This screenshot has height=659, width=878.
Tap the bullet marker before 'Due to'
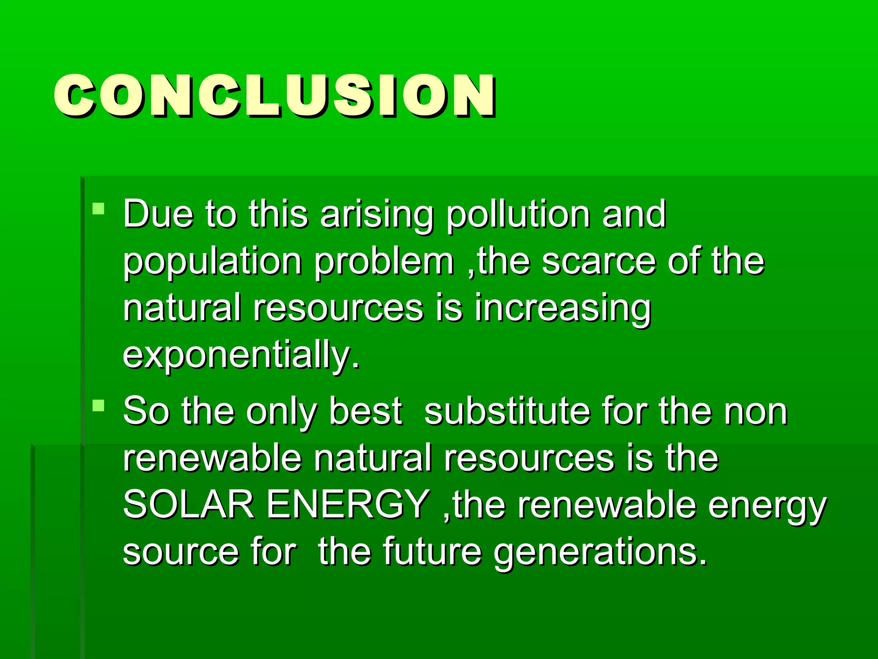(x=99, y=209)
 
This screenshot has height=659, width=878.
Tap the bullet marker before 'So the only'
(x=99, y=405)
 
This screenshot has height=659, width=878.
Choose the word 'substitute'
(x=506, y=411)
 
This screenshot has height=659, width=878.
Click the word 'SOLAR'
(x=189, y=505)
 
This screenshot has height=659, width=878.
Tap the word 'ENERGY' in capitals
(x=348, y=505)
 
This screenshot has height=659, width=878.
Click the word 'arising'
(x=377, y=215)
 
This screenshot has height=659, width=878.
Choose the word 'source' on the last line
(x=180, y=552)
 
